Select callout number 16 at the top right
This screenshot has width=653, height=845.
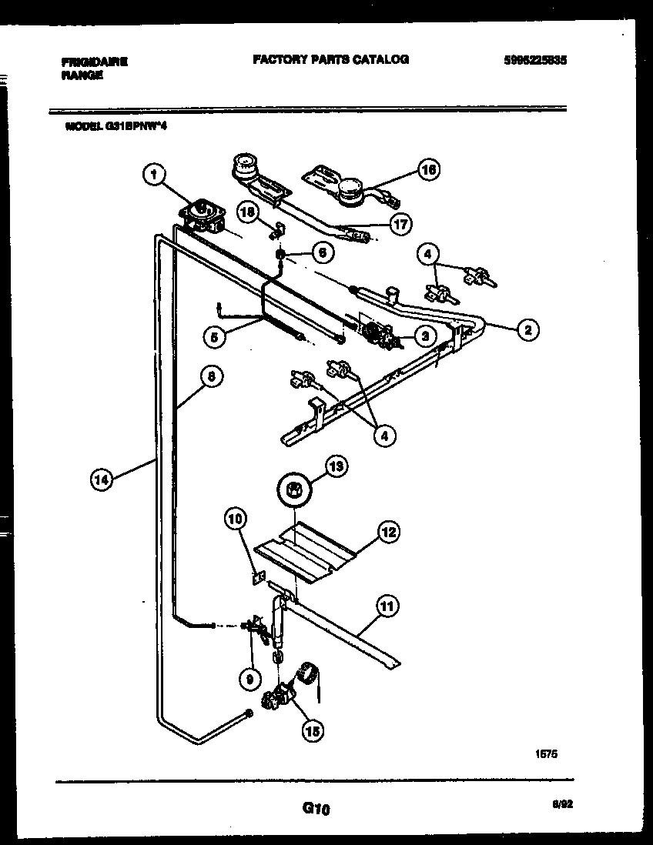click(x=428, y=169)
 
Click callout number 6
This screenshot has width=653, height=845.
click(x=322, y=252)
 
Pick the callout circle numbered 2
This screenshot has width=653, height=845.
click(x=527, y=329)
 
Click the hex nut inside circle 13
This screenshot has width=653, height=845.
click(x=293, y=489)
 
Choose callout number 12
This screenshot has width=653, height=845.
click(x=389, y=531)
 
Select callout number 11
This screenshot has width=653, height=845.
click(x=386, y=606)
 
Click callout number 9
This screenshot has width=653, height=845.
click(x=248, y=680)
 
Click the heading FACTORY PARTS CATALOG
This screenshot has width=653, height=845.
click(x=330, y=59)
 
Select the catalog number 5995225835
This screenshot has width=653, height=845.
click(x=533, y=61)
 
